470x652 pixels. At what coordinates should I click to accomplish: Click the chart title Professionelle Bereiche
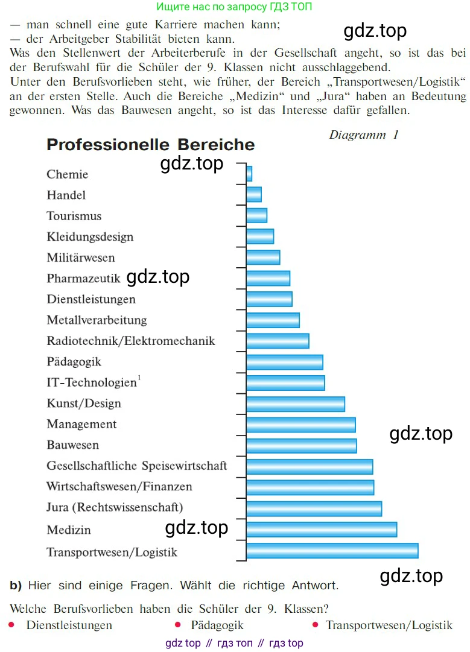click(x=150, y=145)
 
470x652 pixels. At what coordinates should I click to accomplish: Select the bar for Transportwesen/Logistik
click(x=332, y=551)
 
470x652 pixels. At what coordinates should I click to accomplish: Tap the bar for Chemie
click(x=249, y=174)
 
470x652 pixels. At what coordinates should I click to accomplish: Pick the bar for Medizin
click(x=322, y=530)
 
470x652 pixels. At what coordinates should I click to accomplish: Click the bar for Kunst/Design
click(x=296, y=404)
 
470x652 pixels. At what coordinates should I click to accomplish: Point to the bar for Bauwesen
click(x=301, y=446)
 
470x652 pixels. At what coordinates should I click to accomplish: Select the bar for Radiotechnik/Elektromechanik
click(x=278, y=341)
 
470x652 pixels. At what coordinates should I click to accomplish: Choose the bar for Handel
click(x=254, y=194)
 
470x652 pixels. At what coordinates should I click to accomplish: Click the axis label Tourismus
click(x=74, y=216)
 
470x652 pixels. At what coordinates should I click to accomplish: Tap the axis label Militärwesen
click(x=81, y=258)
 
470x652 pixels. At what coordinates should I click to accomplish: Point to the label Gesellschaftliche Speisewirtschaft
click(x=137, y=466)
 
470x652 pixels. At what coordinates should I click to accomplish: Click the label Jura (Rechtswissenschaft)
click(x=115, y=507)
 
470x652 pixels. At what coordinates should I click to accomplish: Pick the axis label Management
click(x=81, y=424)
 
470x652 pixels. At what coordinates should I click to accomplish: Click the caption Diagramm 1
click(x=364, y=135)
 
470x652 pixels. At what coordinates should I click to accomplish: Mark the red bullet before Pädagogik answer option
click(x=177, y=625)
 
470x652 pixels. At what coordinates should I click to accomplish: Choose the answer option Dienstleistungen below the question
click(x=69, y=625)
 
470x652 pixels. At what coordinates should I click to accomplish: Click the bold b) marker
click(x=16, y=585)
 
